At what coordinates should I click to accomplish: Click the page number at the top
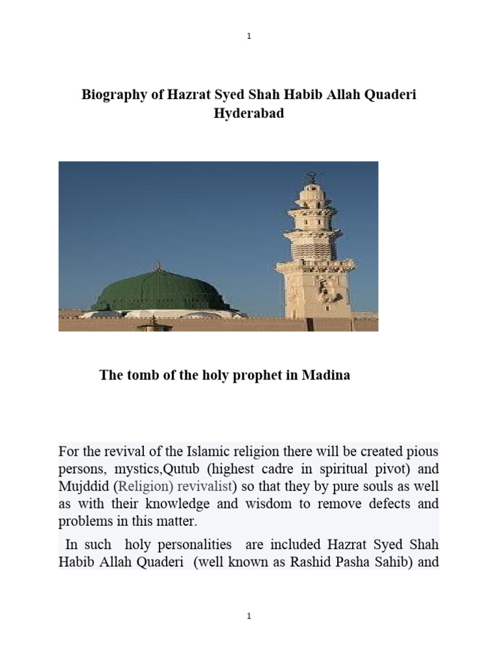pos(249,37)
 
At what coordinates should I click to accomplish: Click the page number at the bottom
pos(249,617)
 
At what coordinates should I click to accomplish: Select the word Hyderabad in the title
pos(248,113)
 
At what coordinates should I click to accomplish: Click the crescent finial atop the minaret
pos(312,175)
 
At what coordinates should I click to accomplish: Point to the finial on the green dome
pos(156,265)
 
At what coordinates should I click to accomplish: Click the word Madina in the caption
pos(325,375)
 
